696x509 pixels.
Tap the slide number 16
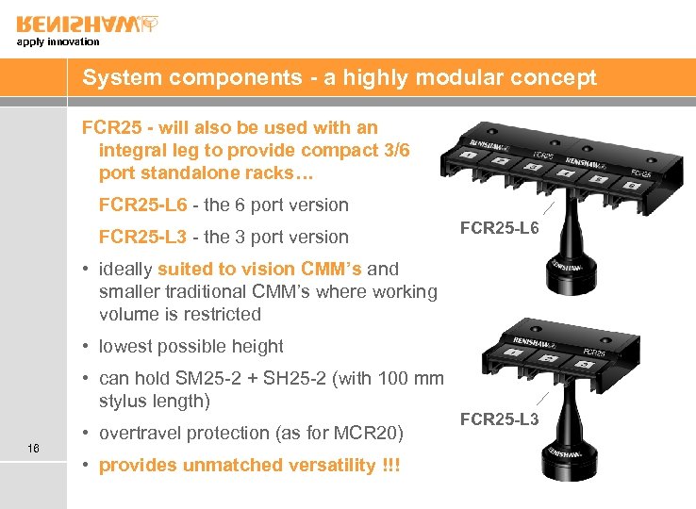point(34,449)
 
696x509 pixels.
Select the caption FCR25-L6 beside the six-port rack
point(499,227)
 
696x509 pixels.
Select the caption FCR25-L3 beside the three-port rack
point(499,419)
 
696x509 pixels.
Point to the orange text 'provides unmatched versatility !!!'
point(250,465)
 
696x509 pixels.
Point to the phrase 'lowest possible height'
point(191,346)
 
